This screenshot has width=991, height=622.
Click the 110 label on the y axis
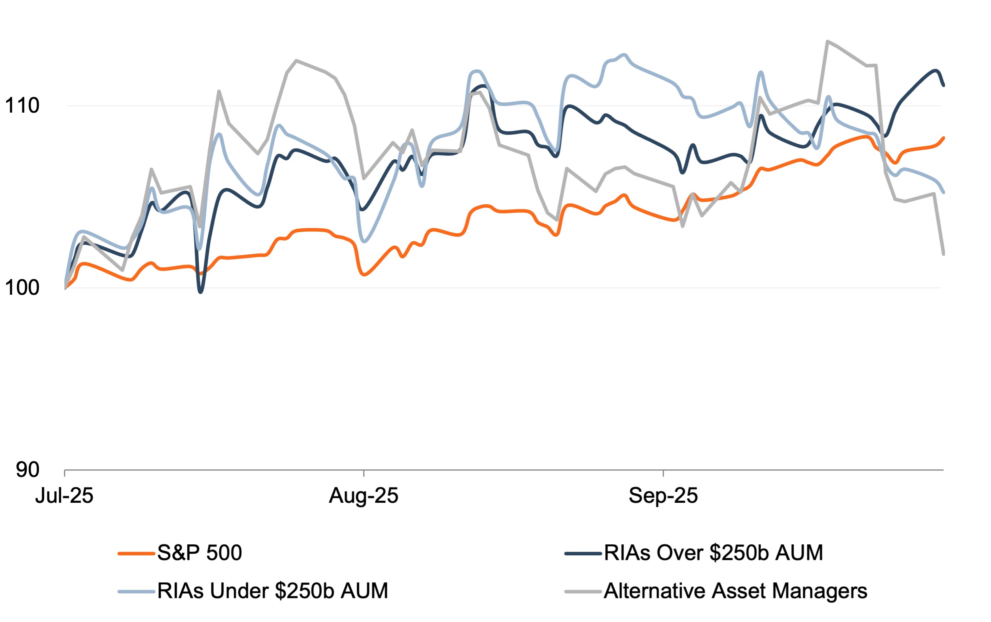click(22, 106)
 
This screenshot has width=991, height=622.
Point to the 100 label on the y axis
click(22, 288)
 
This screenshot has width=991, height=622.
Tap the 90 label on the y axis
click(27, 469)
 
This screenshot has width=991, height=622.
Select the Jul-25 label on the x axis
click(64, 496)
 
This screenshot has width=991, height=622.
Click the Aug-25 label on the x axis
click(363, 496)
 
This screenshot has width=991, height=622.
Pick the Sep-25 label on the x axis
click(663, 496)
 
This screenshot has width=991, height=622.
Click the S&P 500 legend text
click(199, 553)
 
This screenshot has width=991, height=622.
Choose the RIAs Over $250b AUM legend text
click(713, 553)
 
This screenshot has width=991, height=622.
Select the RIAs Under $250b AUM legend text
click(272, 591)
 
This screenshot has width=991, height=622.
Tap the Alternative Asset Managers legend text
click(735, 591)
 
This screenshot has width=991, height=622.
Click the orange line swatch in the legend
click(136, 554)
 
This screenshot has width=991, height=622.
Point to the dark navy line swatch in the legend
click(583, 554)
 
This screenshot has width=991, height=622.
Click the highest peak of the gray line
click(827, 41)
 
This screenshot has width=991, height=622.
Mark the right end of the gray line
click(944, 254)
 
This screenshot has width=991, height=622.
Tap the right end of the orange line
click(944, 138)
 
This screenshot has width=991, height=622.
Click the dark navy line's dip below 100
click(200, 292)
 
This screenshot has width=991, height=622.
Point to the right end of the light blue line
click(944, 192)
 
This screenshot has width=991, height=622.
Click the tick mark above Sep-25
click(663, 473)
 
